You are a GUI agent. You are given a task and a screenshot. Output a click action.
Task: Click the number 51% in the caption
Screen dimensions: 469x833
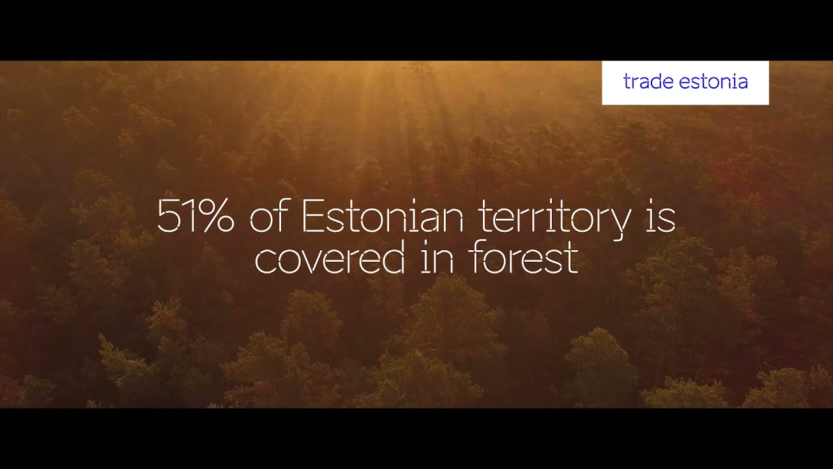tap(195, 218)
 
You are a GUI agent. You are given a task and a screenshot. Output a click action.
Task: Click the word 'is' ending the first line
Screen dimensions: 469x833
tap(660, 218)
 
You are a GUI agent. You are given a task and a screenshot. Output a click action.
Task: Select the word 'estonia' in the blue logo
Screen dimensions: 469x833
tap(713, 82)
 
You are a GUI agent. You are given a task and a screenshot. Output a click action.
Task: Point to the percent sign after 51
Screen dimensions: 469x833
tap(216, 218)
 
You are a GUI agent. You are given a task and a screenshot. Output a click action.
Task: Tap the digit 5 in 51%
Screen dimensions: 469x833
tap(167, 218)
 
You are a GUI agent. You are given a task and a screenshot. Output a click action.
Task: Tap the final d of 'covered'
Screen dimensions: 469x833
tap(395, 258)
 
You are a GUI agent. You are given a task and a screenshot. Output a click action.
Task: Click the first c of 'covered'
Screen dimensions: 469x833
tap(263, 261)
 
